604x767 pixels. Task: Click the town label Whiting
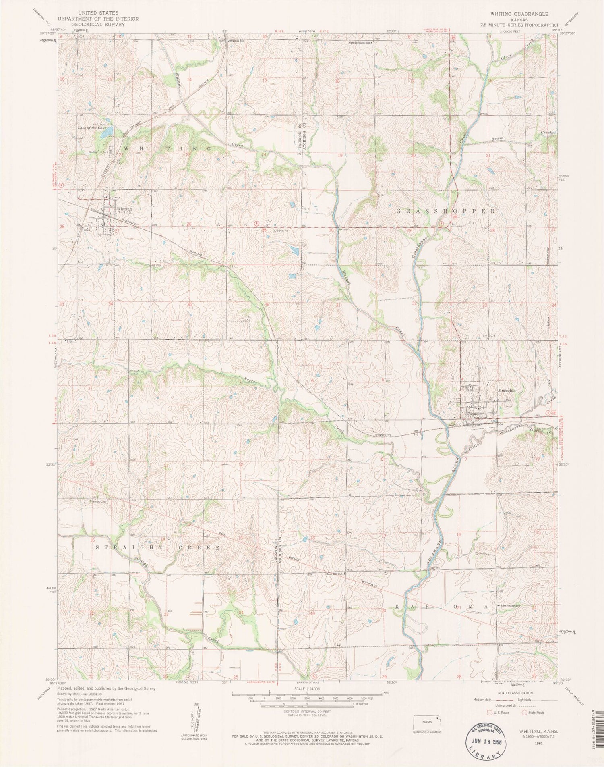(124, 210)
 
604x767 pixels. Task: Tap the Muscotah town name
(506, 390)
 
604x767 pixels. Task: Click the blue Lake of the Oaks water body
(106, 132)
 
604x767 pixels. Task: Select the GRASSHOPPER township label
(445, 211)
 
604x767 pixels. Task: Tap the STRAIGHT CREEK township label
(159, 548)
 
